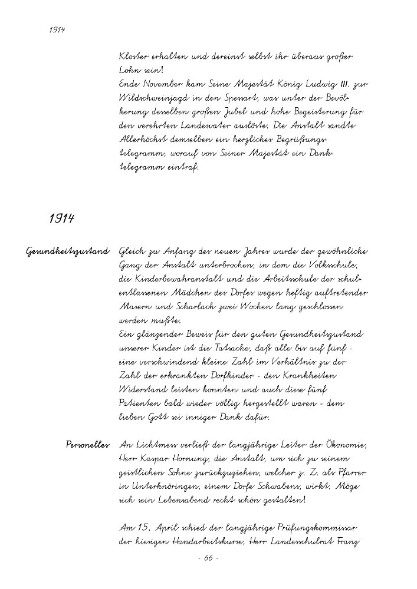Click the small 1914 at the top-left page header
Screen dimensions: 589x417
click(x=57, y=29)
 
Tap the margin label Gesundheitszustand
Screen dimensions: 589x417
click(x=68, y=252)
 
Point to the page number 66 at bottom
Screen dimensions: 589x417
click(x=208, y=558)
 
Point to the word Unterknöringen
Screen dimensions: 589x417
click(x=161, y=487)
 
